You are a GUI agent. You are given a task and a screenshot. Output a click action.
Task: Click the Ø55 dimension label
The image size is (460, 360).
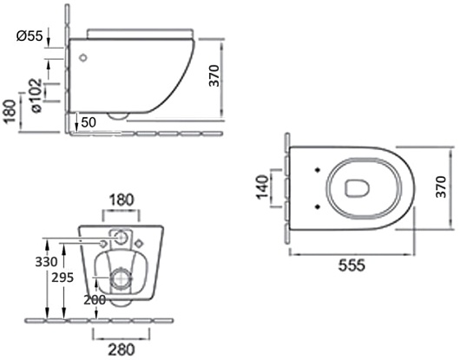click(30, 36)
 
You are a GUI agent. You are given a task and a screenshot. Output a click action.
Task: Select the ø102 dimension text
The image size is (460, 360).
click(36, 95)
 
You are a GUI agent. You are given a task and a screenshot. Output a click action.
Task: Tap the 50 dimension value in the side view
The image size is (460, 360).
click(89, 122)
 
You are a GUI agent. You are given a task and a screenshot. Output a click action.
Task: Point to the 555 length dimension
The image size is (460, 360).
click(352, 265)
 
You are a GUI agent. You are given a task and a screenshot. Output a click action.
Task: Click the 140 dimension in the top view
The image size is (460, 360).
click(263, 187)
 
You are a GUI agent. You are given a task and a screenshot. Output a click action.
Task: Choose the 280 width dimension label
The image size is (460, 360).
click(122, 350)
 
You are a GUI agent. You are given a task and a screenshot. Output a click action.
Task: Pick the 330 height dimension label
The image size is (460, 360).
click(46, 262)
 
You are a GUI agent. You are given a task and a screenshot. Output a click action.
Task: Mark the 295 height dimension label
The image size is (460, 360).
click(62, 278)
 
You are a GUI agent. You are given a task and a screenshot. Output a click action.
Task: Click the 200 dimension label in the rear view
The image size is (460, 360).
click(95, 299)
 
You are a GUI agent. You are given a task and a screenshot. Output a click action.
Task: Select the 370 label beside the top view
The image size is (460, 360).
click(441, 187)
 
